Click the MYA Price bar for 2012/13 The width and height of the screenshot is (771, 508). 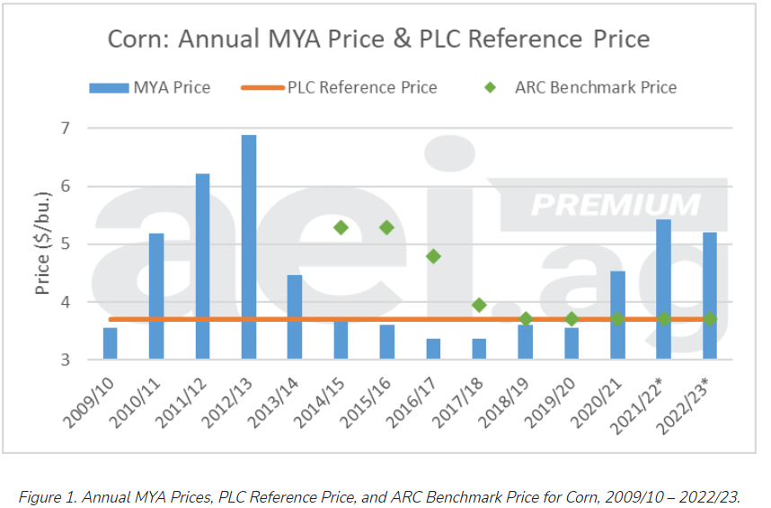coord(248,247)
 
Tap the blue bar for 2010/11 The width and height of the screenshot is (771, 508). coord(156,297)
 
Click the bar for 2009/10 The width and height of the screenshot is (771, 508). coord(110,344)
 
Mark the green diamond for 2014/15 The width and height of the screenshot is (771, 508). coord(341,227)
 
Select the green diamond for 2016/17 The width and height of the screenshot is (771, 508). coord(433,256)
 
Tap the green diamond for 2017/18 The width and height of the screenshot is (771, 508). coord(479,305)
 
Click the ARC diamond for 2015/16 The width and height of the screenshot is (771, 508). coord(386,227)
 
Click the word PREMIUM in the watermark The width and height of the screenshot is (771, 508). coord(616,204)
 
